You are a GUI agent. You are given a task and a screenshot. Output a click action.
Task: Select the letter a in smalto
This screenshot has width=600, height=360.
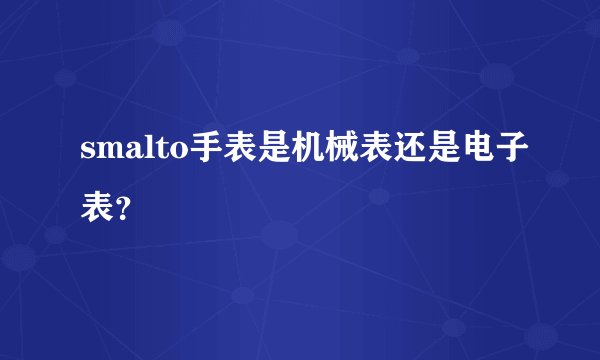tap(126, 152)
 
